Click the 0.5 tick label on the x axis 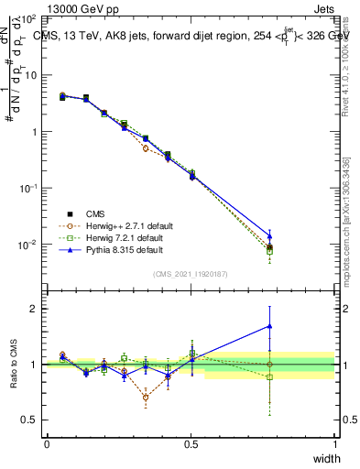coord(191,444)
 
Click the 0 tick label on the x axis coord(47,444)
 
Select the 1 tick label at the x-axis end coord(334,444)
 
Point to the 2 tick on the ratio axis coord(33,309)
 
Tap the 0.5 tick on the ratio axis coord(30,420)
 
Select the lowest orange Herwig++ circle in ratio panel coord(146,398)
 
